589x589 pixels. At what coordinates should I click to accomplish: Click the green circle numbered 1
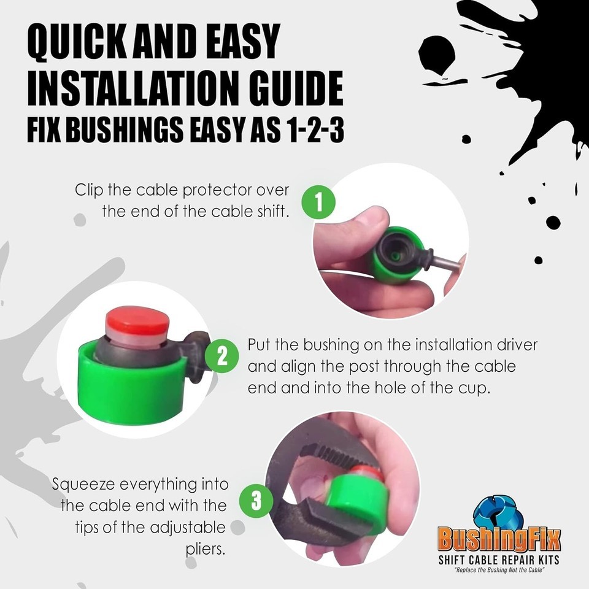click(318, 202)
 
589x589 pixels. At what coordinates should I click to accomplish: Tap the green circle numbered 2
click(222, 356)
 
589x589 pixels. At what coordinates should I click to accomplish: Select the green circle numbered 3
click(256, 501)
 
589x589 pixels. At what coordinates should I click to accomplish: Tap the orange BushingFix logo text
click(499, 539)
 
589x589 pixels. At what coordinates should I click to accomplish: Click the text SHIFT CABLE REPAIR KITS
click(499, 560)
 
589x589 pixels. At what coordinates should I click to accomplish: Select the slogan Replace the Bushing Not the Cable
click(499, 570)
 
